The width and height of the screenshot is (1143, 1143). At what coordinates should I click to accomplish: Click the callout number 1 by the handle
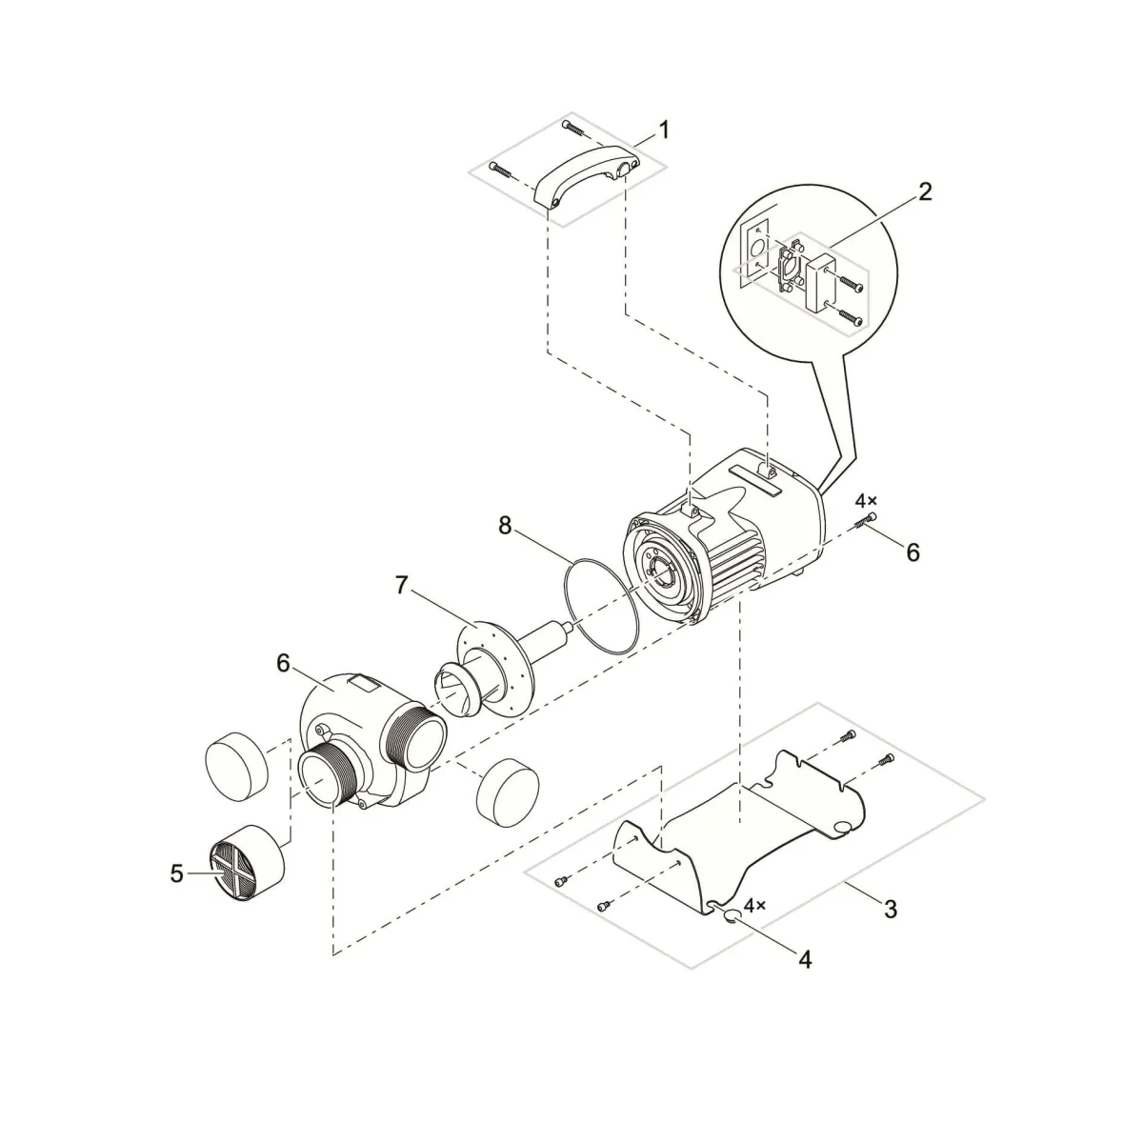click(x=664, y=130)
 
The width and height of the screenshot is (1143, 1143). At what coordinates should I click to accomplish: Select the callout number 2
click(x=925, y=191)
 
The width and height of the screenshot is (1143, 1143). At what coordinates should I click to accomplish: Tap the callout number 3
click(x=891, y=926)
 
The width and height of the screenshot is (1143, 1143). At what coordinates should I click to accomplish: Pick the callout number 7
click(x=402, y=586)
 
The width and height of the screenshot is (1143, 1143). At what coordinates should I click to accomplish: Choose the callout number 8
click(x=505, y=526)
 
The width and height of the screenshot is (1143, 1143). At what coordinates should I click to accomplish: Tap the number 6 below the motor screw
click(x=912, y=552)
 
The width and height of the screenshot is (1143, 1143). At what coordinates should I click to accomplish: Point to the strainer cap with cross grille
click(x=246, y=863)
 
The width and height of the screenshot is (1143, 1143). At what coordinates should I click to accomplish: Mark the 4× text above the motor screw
click(x=866, y=501)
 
